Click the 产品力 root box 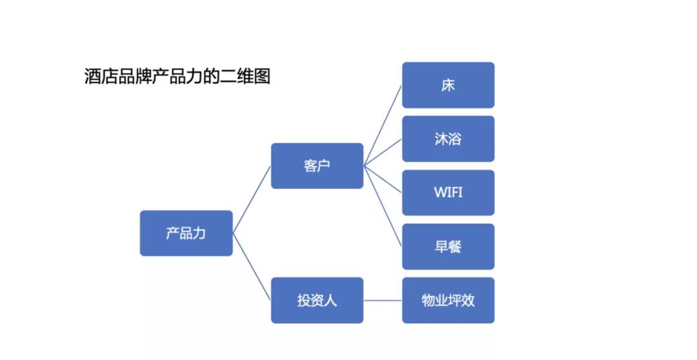point(186,233)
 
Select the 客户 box point(317,166)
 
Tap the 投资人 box point(317,300)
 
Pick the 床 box point(448,85)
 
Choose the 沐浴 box point(448,139)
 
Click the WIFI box point(448,192)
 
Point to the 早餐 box point(448,246)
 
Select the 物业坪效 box point(448,300)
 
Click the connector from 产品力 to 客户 point(252,199)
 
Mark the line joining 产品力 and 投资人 point(252,266)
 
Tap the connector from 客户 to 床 point(383,126)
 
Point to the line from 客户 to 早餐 point(383,206)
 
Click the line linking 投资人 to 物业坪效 point(383,300)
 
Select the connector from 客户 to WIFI point(383,179)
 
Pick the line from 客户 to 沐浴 point(383,152)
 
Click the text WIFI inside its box point(448,192)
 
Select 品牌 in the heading point(136,77)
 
